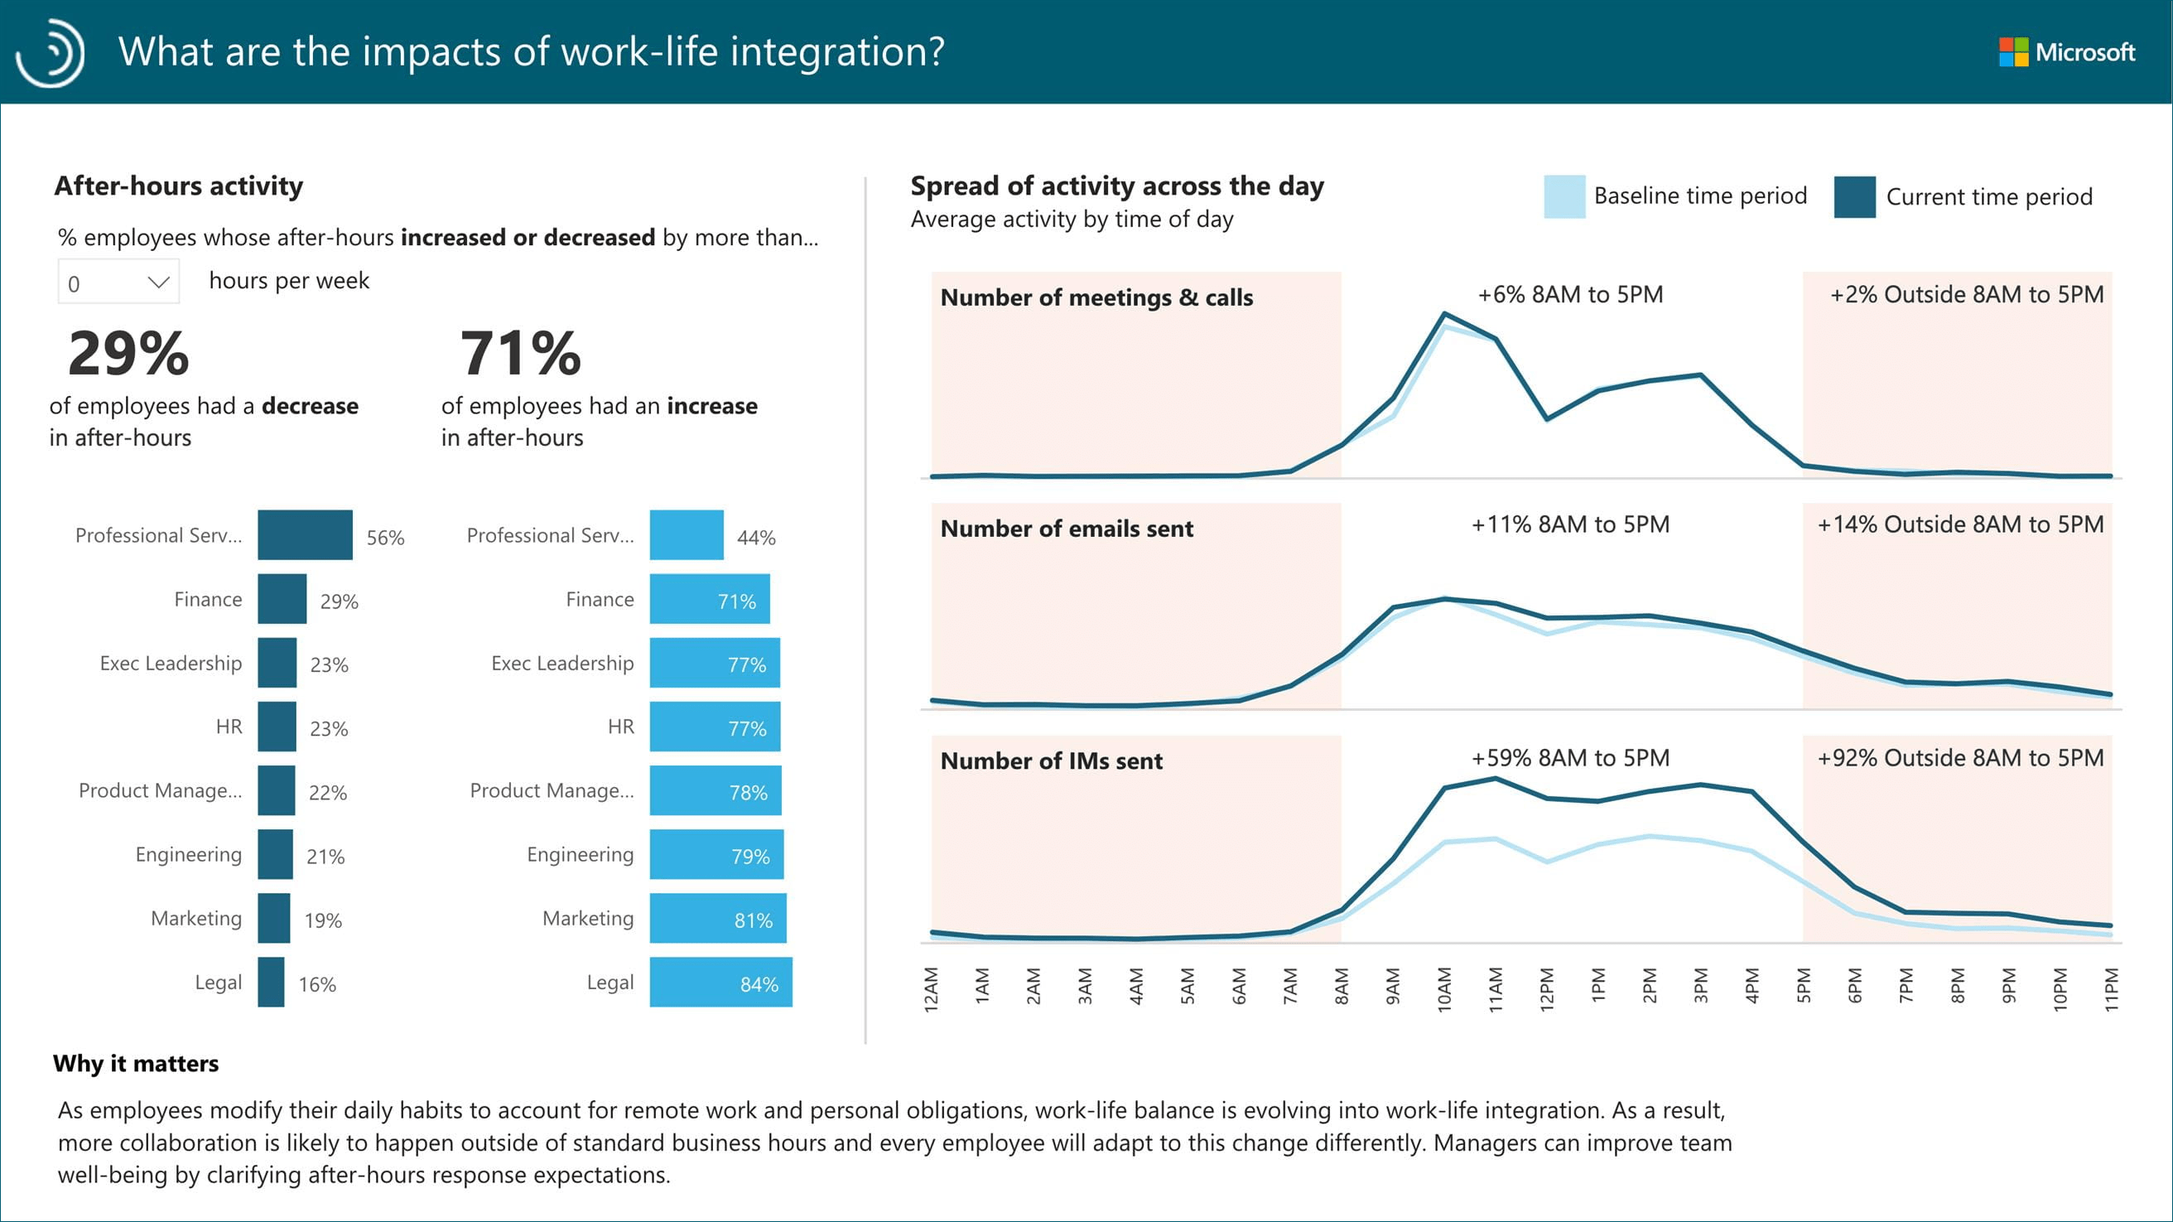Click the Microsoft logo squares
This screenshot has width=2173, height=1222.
pyautogui.click(x=2012, y=52)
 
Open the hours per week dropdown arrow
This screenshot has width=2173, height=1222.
pyautogui.click(x=159, y=282)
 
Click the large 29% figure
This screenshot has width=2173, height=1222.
pyautogui.click(x=129, y=353)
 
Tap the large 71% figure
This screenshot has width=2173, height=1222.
pyautogui.click(x=520, y=353)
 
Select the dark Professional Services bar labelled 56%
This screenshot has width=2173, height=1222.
pyautogui.click(x=305, y=535)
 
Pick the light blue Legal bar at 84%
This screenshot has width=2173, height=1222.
pyautogui.click(x=720, y=983)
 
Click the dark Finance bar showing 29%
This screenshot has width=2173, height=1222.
pyautogui.click(x=282, y=599)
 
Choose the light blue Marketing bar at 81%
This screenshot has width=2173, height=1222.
pyautogui.click(x=717, y=918)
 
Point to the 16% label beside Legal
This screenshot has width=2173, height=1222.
pyautogui.click(x=317, y=984)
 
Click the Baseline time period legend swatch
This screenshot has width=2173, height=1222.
pyautogui.click(x=1564, y=196)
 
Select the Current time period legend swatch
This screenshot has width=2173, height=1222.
pyautogui.click(x=1854, y=196)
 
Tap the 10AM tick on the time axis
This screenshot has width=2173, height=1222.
pyautogui.click(x=1444, y=989)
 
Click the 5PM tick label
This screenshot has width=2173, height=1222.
pyautogui.click(x=1804, y=986)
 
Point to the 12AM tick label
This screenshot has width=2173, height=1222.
pyautogui.click(x=932, y=989)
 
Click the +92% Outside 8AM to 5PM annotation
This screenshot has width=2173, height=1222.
pyautogui.click(x=1959, y=758)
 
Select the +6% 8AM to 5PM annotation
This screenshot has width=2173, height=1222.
pyautogui.click(x=1570, y=295)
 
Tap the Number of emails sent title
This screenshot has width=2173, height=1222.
pyautogui.click(x=1067, y=529)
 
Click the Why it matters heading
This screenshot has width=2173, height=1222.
pyautogui.click(x=136, y=1063)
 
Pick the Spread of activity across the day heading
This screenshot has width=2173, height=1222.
pyautogui.click(x=1117, y=186)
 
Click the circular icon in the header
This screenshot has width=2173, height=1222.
pyautogui.click(x=51, y=52)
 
